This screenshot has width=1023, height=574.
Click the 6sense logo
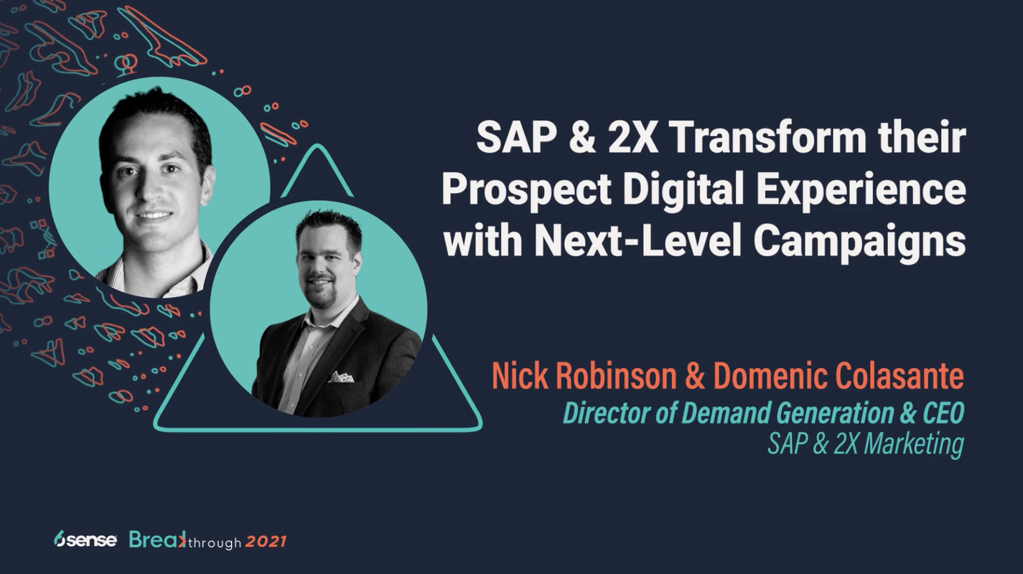pos(85,540)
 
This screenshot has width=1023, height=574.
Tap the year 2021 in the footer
pos(266,542)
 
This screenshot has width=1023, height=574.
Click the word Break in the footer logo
pos(155,540)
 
